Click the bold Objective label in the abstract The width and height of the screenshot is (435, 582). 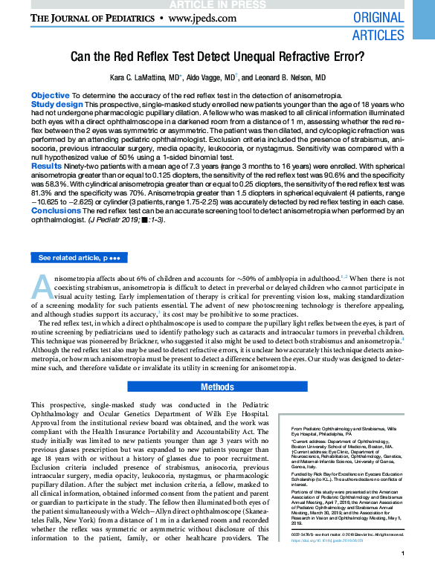(51, 96)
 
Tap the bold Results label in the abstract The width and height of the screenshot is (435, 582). (46, 167)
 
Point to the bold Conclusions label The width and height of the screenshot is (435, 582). (56, 211)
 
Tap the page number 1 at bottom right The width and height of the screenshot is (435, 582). (402, 574)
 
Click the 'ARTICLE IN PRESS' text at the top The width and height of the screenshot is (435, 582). (216, 4)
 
